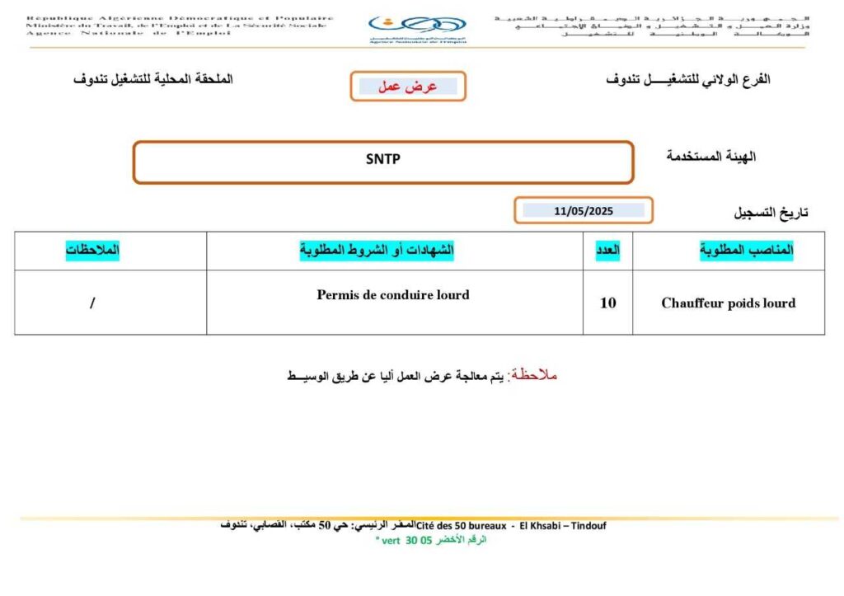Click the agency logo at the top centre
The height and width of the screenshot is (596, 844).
tap(417, 30)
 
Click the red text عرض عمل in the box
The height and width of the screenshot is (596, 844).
tap(407, 86)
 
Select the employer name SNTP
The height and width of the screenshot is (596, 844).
tap(382, 160)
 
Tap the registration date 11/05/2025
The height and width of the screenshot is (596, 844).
tap(584, 211)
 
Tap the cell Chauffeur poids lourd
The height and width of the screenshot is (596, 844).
tap(728, 303)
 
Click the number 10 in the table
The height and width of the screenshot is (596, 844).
tap(607, 303)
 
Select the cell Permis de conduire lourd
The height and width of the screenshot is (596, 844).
tap(393, 294)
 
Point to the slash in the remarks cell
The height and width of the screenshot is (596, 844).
tap(92, 303)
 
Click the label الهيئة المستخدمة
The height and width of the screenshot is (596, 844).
tap(711, 156)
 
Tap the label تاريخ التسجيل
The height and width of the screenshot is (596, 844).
tap(771, 213)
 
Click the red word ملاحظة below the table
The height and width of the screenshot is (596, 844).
tap(534, 375)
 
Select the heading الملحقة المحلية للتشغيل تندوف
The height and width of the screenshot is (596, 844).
tap(152, 80)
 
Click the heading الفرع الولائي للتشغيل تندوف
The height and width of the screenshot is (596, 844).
tap(688, 80)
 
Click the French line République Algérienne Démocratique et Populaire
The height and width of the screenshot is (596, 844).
tap(180, 17)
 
